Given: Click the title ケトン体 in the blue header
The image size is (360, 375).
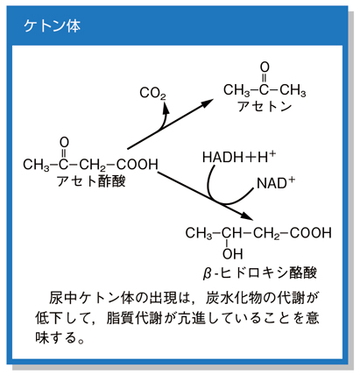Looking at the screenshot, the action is (52, 26).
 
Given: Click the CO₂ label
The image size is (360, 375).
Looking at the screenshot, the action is (152, 94).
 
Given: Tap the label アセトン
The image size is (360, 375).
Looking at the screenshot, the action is (265, 106).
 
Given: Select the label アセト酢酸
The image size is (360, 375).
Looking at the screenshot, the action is (91, 181).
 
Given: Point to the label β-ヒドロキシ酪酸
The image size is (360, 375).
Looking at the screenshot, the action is (260, 273).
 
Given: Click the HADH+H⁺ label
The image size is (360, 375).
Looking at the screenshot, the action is (239, 157).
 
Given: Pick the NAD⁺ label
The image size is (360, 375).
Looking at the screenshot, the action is (276, 183).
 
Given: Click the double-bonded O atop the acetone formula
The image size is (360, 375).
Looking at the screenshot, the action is (265, 67).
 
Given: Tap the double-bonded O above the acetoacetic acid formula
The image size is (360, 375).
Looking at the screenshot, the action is (64, 143).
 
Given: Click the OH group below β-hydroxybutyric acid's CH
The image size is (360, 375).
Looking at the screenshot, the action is (232, 254).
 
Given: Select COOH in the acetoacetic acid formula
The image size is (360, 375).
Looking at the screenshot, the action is (138, 165).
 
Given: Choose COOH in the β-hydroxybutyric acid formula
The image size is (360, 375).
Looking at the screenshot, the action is (311, 233).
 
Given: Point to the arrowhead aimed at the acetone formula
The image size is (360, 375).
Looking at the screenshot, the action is (208, 103).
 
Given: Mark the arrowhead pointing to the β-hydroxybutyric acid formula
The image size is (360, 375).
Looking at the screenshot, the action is (247, 216).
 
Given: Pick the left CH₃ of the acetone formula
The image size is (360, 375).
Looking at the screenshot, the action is (236, 90).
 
